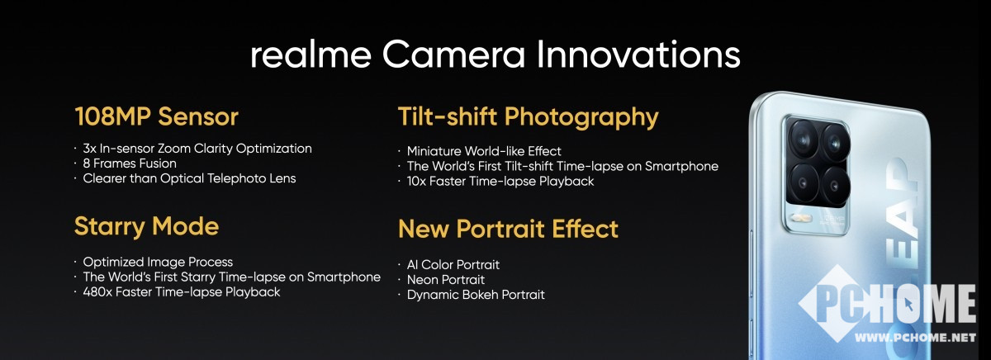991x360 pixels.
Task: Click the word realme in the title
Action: click(x=311, y=54)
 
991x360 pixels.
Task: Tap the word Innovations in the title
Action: click(x=638, y=54)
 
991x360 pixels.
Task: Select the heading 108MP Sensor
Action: click(x=157, y=116)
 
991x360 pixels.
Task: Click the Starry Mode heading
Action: click(x=146, y=227)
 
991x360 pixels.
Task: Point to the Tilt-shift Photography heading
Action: click(x=529, y=117)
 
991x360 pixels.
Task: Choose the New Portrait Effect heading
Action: click(x=508, y=229)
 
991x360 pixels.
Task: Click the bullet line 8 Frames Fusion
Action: click(x=130, y=163)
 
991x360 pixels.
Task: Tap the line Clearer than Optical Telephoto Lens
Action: click(x=189, y=178)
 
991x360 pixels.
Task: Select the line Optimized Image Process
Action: click(x=158, y=263)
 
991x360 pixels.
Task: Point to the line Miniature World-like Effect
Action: click(x=484, y=151)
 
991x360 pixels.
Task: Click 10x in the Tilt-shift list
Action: click(x=416, y=182)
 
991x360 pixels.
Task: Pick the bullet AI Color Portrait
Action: click(x=453, y=265)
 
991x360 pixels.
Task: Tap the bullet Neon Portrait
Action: click(x=445, y=280)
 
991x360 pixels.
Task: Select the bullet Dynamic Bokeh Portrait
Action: click(x=476, y=295)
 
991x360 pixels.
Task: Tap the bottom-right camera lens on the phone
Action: click(x=835, y=185)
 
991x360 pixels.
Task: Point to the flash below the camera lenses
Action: click(x=801, y=218)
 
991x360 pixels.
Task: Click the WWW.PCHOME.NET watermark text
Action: click(x=915, y=338)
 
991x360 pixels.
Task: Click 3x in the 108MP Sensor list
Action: click(x=89, y=149)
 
